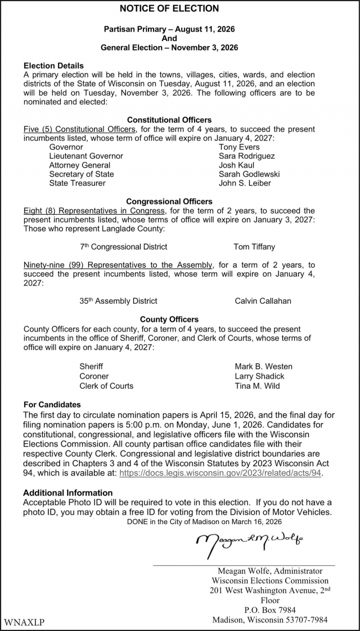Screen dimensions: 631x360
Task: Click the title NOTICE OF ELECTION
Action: point(169,8)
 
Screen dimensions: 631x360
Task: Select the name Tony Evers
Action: point(239,147)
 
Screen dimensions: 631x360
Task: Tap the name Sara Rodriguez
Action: point(246,156)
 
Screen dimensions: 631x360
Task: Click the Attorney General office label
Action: point(79,165)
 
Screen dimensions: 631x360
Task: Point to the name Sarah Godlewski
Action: point(249,174)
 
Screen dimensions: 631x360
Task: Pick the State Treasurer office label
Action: point(77,183)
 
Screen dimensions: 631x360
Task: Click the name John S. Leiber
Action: point(245,183)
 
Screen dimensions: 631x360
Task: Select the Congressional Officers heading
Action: point(169,201)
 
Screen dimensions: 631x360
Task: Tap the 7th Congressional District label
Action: point(123,247)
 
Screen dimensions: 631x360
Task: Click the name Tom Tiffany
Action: point(254,247)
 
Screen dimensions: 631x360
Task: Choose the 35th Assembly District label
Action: point(118,301)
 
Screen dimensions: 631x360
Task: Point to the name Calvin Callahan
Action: point(263,301)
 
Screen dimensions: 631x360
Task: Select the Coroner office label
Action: point(94,376)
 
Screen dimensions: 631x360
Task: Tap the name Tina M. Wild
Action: point(257,386)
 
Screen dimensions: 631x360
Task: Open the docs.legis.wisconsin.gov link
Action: point(221,474)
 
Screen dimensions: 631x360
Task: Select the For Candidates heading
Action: point(52,404)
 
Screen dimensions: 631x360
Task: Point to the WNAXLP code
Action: point(24,623)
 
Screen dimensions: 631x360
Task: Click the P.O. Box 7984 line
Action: point(269,610)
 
